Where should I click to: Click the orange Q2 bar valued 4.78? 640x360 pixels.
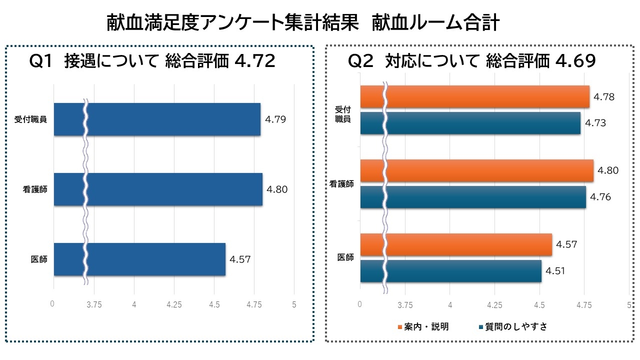point(487,97)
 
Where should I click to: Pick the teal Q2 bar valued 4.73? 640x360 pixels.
point(483,123)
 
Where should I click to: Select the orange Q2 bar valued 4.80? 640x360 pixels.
point(489,170)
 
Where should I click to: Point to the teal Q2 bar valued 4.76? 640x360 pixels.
point(485,197)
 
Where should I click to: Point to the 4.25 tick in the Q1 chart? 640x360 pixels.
point(174,304)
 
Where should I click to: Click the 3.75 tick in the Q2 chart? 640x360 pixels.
point(405,304)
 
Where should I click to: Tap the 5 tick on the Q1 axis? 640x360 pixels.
point(294,304)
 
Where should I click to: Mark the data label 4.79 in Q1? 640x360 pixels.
point(276,119)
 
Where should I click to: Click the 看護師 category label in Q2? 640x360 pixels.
point(341,184)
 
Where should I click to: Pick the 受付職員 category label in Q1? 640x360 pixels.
point(31,119)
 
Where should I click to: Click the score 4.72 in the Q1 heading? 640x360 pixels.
point(254,61)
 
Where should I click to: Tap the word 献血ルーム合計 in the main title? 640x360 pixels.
point(435,23)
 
